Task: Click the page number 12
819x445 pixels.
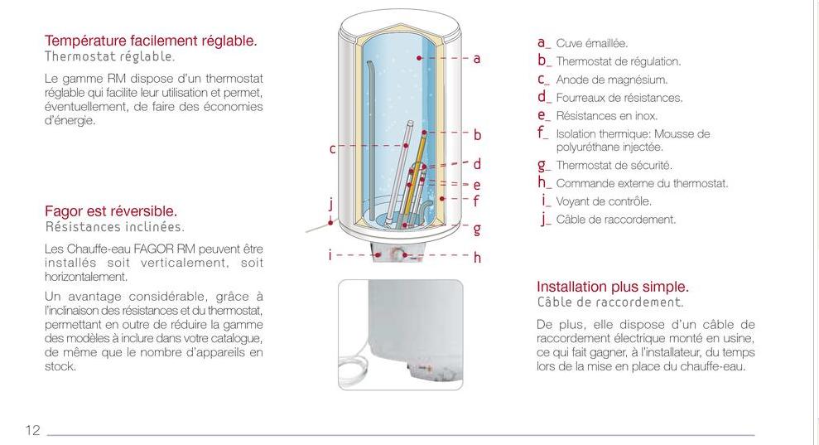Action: click(x=32, y=430)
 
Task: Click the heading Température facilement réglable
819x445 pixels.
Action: click(x=151, y=41)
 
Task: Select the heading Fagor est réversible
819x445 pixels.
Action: click(x=111, y=211)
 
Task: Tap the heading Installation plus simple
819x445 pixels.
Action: click(x=613, y=287)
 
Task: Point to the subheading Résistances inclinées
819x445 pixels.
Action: click(x=115, y=227)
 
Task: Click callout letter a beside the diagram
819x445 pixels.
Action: click(x=476, y=59)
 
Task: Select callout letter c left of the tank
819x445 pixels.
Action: click(x=332, y=149)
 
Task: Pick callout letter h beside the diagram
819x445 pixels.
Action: click(x=477, y=257)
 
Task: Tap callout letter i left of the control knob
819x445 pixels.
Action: click(x=330, y=254)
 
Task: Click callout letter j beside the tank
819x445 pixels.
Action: click(x=330, y=204)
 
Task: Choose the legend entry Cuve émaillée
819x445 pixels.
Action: click(x=592, y=43)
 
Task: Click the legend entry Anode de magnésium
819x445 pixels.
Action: click(x=612, y=80)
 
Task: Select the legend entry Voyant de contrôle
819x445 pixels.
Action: click(x=604, y=201)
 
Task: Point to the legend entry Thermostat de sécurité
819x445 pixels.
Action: click(x=614, y=165)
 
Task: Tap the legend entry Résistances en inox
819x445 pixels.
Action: click(x=606, y=115)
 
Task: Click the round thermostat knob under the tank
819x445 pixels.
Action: click(x=400, y=255)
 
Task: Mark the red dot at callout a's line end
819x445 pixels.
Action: click(x=419, y=57)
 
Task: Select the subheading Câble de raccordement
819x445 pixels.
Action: click(x=610, y=302)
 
